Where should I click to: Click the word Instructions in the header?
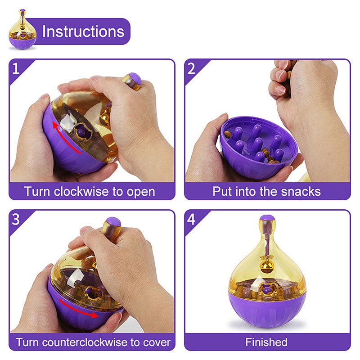coord(83,31)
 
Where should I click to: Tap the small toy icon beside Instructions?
coord(22,31)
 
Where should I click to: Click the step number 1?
coord(16,69)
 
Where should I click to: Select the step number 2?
coord(191,69)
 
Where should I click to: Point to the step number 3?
coord(16,219)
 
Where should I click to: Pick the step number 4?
coord(191,219)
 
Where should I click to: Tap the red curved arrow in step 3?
coord(79,309)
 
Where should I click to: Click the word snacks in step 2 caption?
coord(302,191)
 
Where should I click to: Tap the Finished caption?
coord(266,342)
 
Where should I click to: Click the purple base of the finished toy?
coord(267,310)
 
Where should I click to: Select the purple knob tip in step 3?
coord(112,222)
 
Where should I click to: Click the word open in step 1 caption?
coord(140,191)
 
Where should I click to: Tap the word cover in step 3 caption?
coord(157,342)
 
